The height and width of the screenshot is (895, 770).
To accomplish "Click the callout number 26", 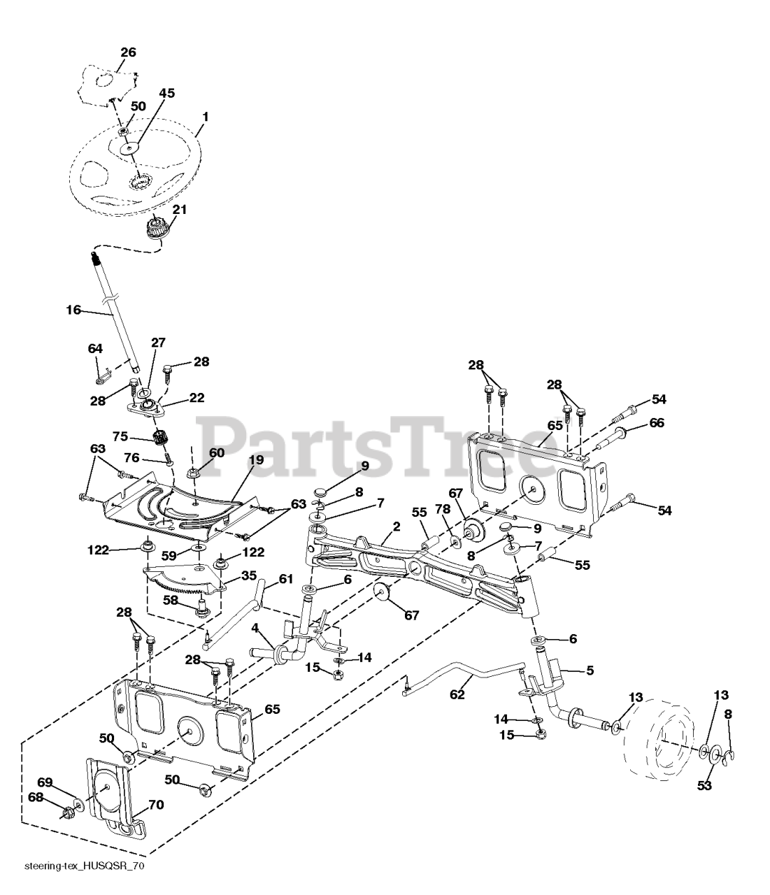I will (128, 52).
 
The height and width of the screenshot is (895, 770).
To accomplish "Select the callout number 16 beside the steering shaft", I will (73, 310).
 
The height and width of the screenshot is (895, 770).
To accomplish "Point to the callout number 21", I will (180, 209).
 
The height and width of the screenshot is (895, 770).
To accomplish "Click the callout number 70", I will (155, 805).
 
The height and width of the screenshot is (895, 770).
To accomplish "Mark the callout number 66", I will (656, 422).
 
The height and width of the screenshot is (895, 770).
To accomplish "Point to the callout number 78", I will (443, 509).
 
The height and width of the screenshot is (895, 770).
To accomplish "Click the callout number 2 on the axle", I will (396, 526).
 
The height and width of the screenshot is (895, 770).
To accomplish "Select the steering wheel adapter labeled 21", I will (155, 228).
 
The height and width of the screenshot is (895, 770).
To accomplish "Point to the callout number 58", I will (170, 599).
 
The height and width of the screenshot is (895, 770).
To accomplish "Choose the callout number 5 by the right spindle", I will (590, 670).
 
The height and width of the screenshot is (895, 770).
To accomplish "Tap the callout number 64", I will (95, 348).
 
